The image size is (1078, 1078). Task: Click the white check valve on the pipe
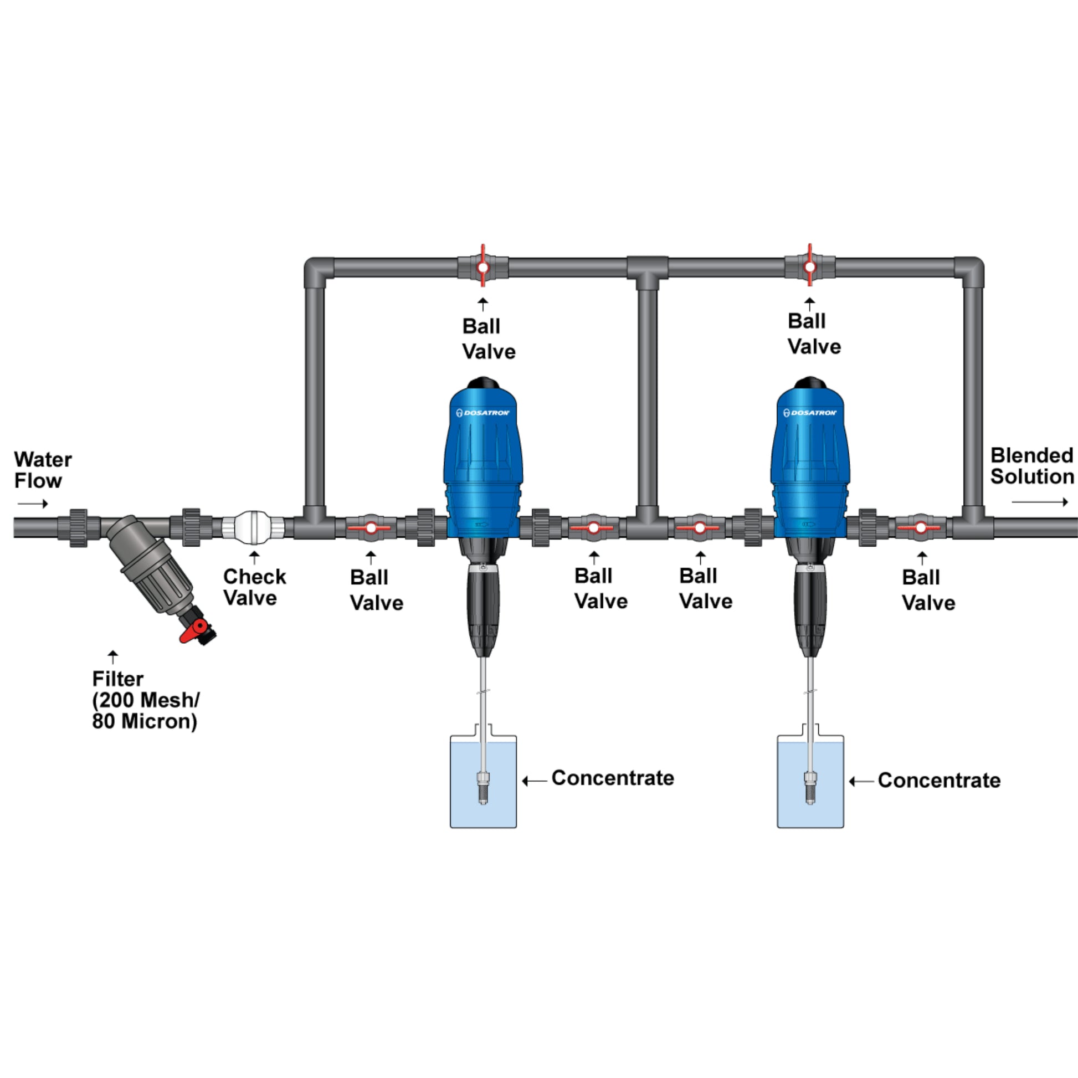[254, 527]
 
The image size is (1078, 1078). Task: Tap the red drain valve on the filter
[193, 632]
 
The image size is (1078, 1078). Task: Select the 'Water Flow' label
[43, 470]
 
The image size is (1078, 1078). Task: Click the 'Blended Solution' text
[1031, 466]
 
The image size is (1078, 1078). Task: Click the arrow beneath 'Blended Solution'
[1039, 502]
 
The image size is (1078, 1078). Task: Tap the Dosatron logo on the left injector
[482, 413]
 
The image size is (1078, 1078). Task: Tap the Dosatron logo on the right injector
[810, 413]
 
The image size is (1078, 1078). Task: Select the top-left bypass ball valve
[483, 267]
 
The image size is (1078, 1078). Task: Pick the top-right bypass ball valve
[810, 267]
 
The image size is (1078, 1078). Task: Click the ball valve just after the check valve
[371, 527]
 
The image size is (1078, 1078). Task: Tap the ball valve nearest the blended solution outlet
[921, 527]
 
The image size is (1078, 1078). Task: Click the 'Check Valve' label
[254, 587]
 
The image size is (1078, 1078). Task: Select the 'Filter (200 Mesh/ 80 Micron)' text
[145, 700]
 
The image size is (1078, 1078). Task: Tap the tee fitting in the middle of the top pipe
[647, 270]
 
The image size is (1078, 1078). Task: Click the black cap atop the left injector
[483, 383]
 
